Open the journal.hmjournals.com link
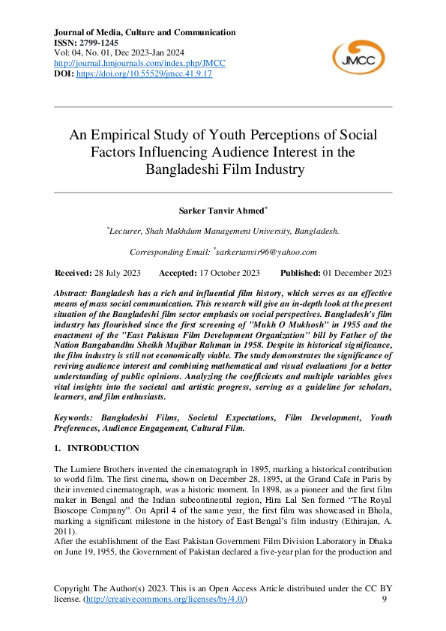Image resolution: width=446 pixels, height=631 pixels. (140, 64)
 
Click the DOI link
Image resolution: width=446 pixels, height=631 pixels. (145, 74)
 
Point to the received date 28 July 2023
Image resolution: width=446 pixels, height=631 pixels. (118, 273)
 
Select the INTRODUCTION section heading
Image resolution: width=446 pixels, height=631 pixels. (103, 448)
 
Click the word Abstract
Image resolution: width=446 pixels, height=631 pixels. (73, 290)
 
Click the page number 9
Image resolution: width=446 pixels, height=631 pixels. (385, 600)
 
